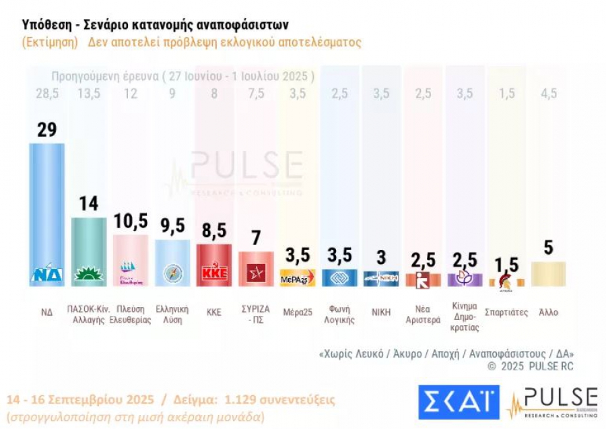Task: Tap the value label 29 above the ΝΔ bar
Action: pyautogui.click(x=46, y=129)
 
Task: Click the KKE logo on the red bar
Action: pyautogui.click(x=213, y=274)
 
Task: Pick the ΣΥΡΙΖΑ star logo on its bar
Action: pyautogui.click(x=256, y=273)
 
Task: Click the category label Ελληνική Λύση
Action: pyautogui.click(x=172, y=316)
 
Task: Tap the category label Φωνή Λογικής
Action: pyautogui.click(x=339, y=316)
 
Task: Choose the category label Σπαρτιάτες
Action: pyautogui.click(x=506, y=312)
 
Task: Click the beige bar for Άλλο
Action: pyautogui.click(x=548, y=273)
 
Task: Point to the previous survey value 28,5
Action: pyautogui.click(x=46, y=94)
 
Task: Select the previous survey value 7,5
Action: pyautogui.click(x=256, y=94)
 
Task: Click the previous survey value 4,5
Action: pyautogui.click(x=548, y=94)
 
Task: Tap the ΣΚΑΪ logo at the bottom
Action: pyautogui.click(x=459, y=402)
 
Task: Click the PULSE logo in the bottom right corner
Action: pyautogui.click(x=552, y=403)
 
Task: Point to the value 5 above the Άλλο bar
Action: pyautogui.click(x=548, y=248)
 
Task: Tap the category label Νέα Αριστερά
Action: pyautogui.click(x=423, y=316)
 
